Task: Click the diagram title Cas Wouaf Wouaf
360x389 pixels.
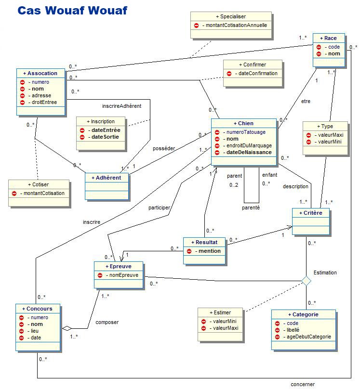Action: pyautogui.click(x=72, y=11)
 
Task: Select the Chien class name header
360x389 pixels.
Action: pyautogui.click(x=245, y=124)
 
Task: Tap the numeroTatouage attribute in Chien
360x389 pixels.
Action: pyautogui.click(x=246, y=132)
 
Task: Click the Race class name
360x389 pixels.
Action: pyautogui.click(x=330, y=38)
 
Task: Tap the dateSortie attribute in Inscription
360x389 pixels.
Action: pyautogui.click(x=106, y=137)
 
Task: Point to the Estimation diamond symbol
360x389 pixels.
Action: pyautogui.click(x=306, y=281)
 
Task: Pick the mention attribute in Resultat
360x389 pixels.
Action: pyautogui.click(x=209, y=251)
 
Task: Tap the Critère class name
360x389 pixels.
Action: pyautogui.click(x=311, y=212)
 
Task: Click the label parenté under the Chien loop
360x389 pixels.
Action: pyautogui.click(x=251, y=207)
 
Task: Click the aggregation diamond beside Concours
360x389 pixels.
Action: pyautogui.click(x=67, y=328)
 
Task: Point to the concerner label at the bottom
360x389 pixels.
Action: pyautogui.click(x=302, y=384)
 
